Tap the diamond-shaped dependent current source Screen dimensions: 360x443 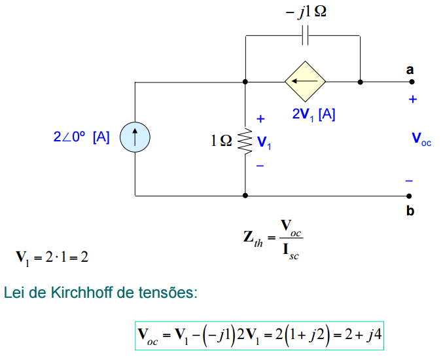[305, 82]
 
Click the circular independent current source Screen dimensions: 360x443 [135, 138]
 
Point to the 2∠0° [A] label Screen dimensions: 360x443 [81, 138]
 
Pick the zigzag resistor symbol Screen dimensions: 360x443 [245, 139]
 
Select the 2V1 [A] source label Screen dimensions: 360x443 [313, 114]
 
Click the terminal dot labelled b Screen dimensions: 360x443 [410, 195]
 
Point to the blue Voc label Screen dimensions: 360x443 [421, 139]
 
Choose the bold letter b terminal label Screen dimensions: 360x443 [410, 211]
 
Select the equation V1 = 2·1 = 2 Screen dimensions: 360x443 [52, 257]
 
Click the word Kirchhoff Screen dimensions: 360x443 [84, 292]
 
